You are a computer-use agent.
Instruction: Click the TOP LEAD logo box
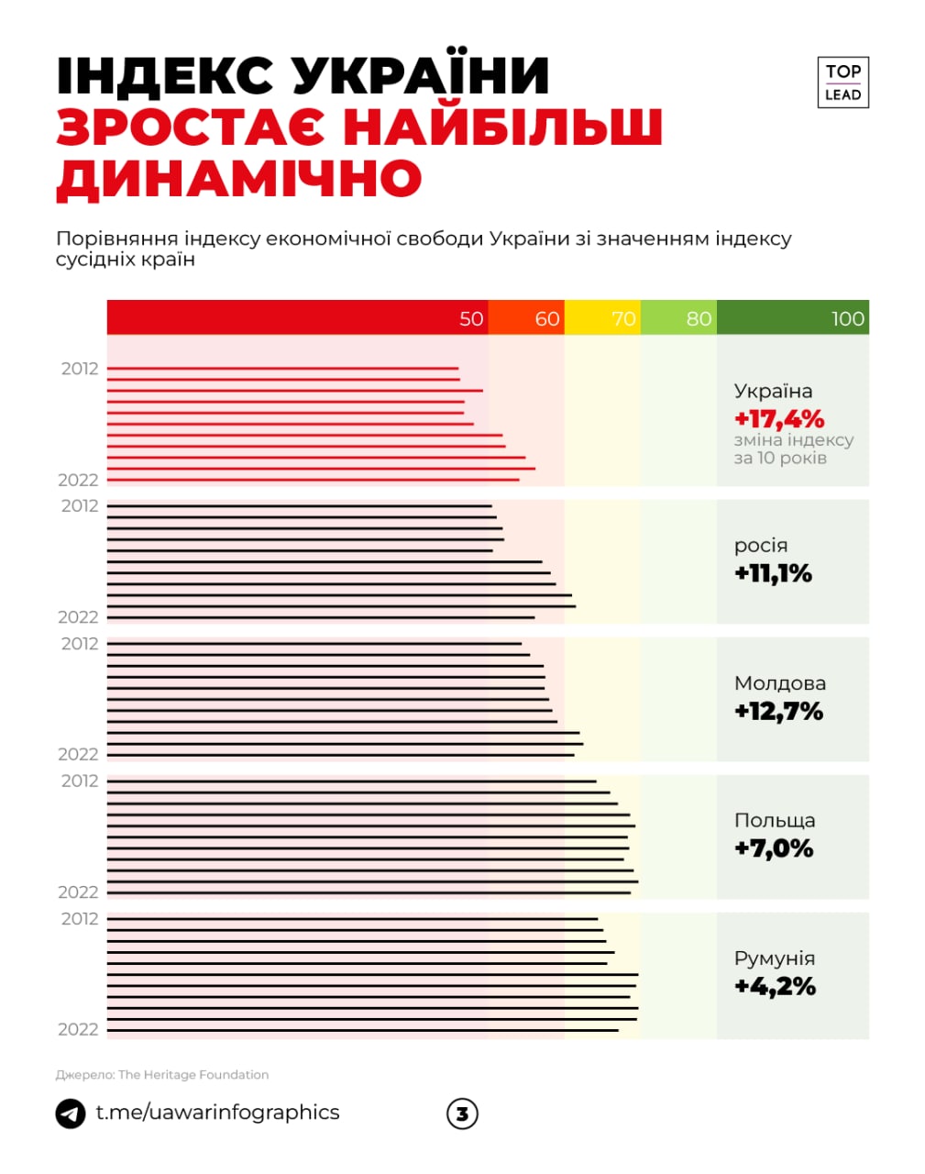pyautogui.click(x=842, y=83)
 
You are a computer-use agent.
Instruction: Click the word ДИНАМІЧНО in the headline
pyautogui.click(x=238, y=178)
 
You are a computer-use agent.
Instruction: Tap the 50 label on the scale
pyautogui.click(x=471, y=318)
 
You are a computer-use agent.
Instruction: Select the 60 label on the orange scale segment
pyautogui.click(x=547, y=318)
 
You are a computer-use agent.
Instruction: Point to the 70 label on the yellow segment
pyautogui.click(x=623, y=318)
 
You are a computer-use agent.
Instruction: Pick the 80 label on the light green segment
pyautogui.click(x=699, y=318)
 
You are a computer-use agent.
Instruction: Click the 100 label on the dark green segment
pyautogui.click(x=847, y=318)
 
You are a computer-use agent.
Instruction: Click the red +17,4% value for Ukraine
pyautogui.click(x=779, y=419)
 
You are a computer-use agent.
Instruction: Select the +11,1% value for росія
pyautogui.click(x=773, y=574)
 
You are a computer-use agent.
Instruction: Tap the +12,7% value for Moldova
pyautogui.click(x=778, y=712)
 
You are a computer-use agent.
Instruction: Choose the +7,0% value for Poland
pyautogui.click(x=774, y=848)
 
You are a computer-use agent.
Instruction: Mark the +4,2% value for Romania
pyautogui.click(x=775, y=987)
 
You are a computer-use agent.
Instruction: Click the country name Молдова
pyautogui.click(x=779, y=683)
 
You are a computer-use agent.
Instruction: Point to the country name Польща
pyautogui.click(x=775, y=821)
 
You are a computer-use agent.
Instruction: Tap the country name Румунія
pyautogui.click(x=775, y=958)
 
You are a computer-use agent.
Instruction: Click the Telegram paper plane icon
pyautogui.click(x=71, y=1113)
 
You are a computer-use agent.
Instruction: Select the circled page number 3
pyautogui.click(x=462, y=1113)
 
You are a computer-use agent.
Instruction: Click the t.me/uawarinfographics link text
pyautogui.click(x=217, y=1113)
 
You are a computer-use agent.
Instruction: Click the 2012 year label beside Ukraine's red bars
pyautogui.click(x=80, y=369)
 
